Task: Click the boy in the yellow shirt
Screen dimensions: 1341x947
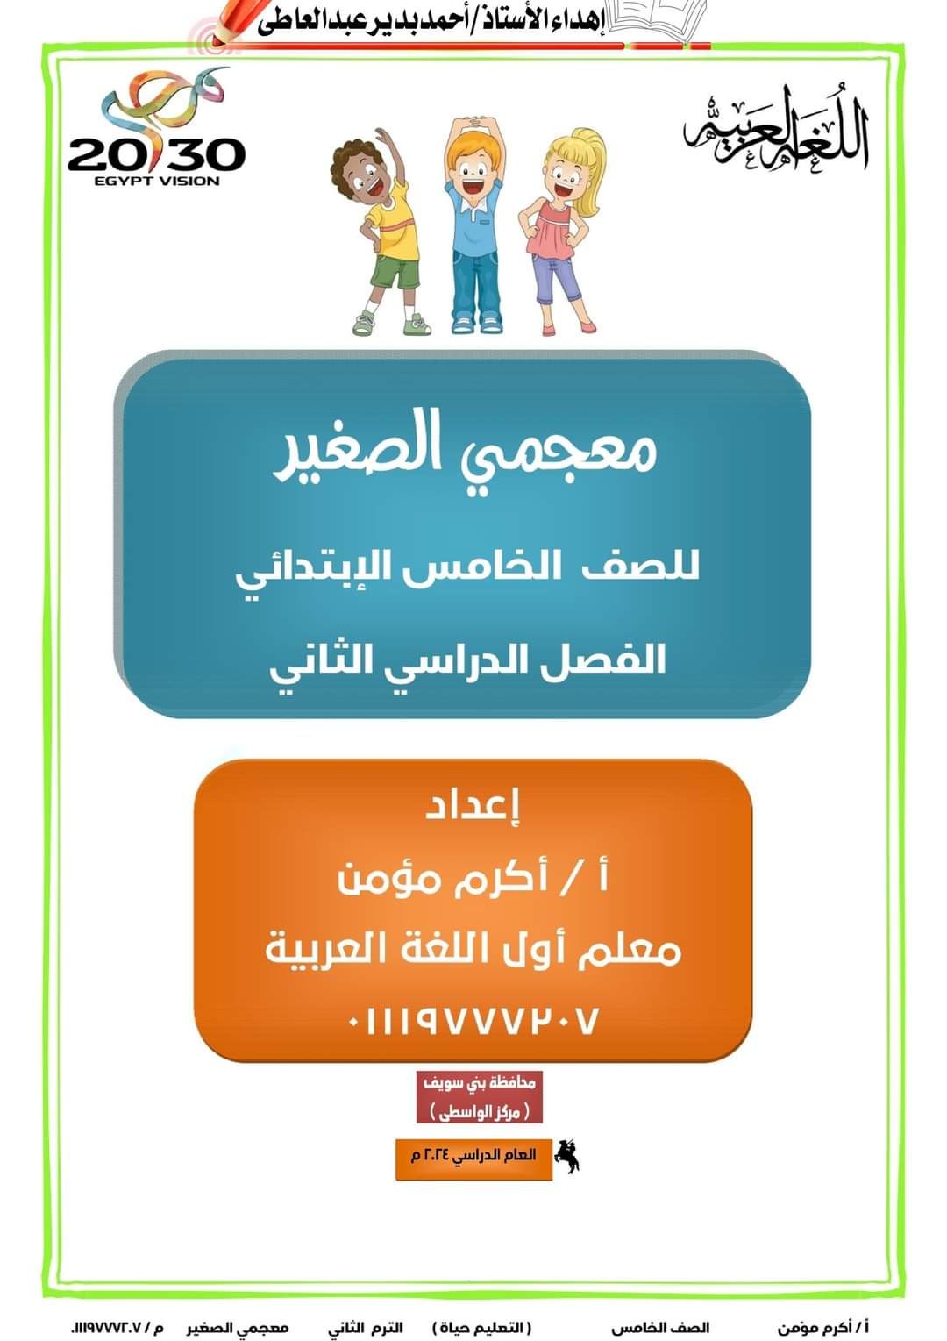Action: click(379, 232)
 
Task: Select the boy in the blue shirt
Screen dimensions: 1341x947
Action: click(475, 224)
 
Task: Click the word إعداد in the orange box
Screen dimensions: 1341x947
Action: click(473, 805)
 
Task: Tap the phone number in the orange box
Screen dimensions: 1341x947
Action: click(473, 1020)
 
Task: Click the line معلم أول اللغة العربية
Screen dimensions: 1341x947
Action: click(473, 950)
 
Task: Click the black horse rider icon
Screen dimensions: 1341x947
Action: click(567, 1156)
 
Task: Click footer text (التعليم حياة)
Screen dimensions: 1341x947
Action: click(482, 1328)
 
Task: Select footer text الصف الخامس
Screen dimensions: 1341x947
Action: click(660, 1328)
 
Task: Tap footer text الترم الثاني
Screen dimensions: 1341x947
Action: click(366, 1328)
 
